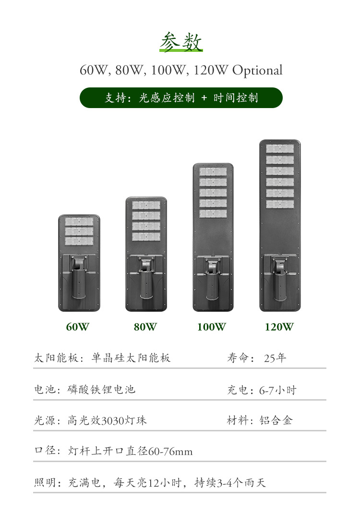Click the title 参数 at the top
pos(181,42)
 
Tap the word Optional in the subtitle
pos(257,71)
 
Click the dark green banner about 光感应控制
pos(181,98)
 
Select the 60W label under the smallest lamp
pos(78,327)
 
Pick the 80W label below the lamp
pos(145,327)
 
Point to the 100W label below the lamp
pos(211,327)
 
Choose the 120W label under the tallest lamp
pos(279,327)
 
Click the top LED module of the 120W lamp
pos(280,149)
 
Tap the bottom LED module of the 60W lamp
pos(79,241)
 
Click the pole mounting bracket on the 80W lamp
pos(146,276)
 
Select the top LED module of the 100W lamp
pos(213,171)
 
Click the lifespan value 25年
pos(275,358)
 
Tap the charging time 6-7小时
pos(278,390)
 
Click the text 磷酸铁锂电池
pos(102,390)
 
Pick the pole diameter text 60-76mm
pos(170,452)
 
